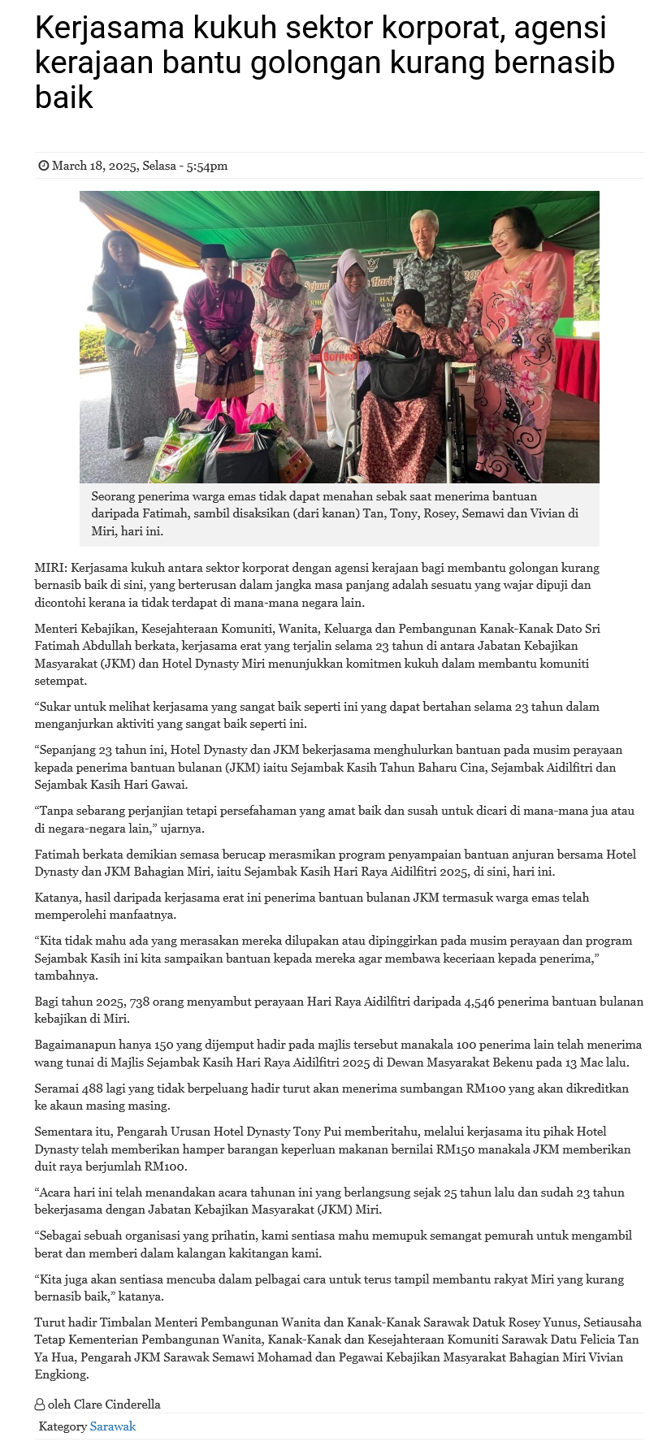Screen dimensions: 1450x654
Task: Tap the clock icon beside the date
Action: pyautogui.click(x=43, y=166)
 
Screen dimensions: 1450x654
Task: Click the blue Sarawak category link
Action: pyautogui.click(x=113, y=1426)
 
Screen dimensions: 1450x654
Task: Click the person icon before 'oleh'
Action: pyautogui.click(x=40, y=1404)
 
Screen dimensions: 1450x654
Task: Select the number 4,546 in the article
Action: pyautogui.click(x=479, y=1002)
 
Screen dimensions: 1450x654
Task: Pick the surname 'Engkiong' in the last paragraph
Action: pyautogui.click(x=62, y=1374)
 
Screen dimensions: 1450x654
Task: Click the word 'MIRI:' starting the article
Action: pyautogui.click(x=50, y=568)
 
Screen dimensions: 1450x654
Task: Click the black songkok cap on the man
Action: pyautogui.click(x=213, y=252)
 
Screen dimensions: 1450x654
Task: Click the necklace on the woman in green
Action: pyautogui.click(x=126, y=282)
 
